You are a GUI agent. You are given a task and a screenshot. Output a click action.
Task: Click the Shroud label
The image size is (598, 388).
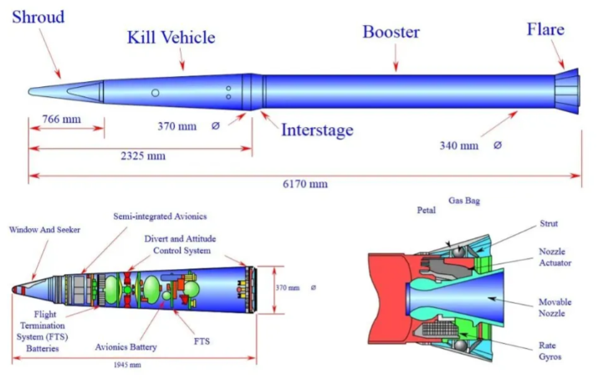tap(38, 17)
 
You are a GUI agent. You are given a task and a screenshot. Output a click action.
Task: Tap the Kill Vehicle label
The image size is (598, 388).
tap(171, 38)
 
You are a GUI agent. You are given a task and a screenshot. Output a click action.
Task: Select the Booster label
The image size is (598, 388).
tap(391, 33)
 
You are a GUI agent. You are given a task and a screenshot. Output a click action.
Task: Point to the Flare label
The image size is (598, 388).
tap(545, 30)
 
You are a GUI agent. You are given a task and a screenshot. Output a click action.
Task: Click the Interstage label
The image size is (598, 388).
tap(317, 130)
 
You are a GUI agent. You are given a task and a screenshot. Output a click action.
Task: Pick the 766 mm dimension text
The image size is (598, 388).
tap(61, 119)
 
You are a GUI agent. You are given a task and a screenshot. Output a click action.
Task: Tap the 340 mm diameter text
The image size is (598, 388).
tap(459, 145)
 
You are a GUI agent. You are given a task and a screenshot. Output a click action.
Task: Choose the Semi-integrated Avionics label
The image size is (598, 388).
tap(160, 217)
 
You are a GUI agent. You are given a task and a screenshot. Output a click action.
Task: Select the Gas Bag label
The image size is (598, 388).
tap(463, 202)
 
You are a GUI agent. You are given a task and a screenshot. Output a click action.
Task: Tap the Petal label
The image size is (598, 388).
tap(427, 211)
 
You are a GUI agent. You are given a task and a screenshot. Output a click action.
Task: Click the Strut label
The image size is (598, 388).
tap(549, 223)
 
